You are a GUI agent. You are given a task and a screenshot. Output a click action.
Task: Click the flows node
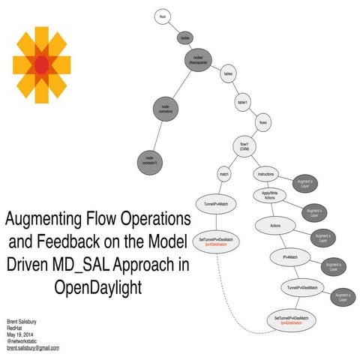click(263, 121)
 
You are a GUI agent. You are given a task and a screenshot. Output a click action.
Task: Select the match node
click(223, 174)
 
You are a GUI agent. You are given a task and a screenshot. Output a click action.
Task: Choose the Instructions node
click(265, 174)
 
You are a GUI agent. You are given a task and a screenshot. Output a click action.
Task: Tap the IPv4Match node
click(290, 257)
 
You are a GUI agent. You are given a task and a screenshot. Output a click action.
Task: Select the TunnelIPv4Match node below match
click(216, 204)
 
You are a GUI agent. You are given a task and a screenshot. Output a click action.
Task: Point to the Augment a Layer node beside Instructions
click(306, 184)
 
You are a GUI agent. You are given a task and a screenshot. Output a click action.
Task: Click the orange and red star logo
click(41, 65)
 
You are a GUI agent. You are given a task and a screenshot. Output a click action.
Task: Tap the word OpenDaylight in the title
click(97, 286)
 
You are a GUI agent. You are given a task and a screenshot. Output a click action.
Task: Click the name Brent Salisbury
click(24, 320)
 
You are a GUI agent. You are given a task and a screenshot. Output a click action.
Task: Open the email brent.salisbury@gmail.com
click(33, 348)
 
